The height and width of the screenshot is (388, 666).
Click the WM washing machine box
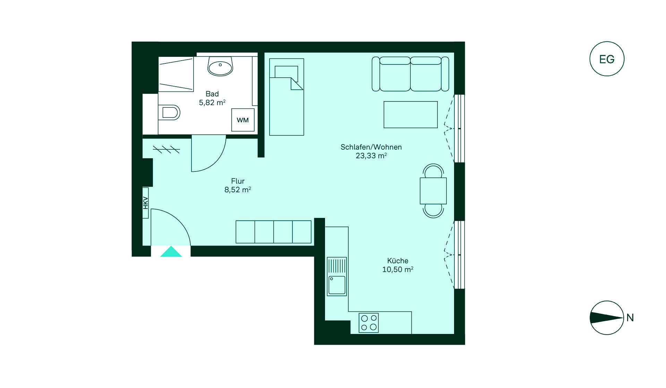click(243, 120)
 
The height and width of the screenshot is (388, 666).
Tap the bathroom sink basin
click(220, 67)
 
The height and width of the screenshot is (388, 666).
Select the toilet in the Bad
click(169, 112)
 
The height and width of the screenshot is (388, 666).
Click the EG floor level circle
click(607, 59)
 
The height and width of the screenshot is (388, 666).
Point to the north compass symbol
click(607, 318)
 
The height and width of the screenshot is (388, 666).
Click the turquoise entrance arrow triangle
click(171, 252)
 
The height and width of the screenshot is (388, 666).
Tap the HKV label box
click(146, 203)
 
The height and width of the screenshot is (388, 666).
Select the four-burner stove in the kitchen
click(369, 323)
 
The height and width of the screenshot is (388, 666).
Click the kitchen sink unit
click(336, 276)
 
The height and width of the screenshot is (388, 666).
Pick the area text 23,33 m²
click(371, 156)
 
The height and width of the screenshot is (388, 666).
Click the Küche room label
click(398, 261)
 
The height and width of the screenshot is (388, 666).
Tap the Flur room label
click(238, 181)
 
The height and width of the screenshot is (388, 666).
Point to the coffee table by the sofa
click(411, 115)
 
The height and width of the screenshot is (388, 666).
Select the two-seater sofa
click(410, 74)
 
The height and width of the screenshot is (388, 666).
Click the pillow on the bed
click(287, 72)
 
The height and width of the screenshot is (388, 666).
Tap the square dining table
click(433, 191)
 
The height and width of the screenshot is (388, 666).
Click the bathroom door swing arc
click(217, 161)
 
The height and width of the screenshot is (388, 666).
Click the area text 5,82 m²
click(212, 103)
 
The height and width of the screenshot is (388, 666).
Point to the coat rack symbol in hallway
click(166, 150)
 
